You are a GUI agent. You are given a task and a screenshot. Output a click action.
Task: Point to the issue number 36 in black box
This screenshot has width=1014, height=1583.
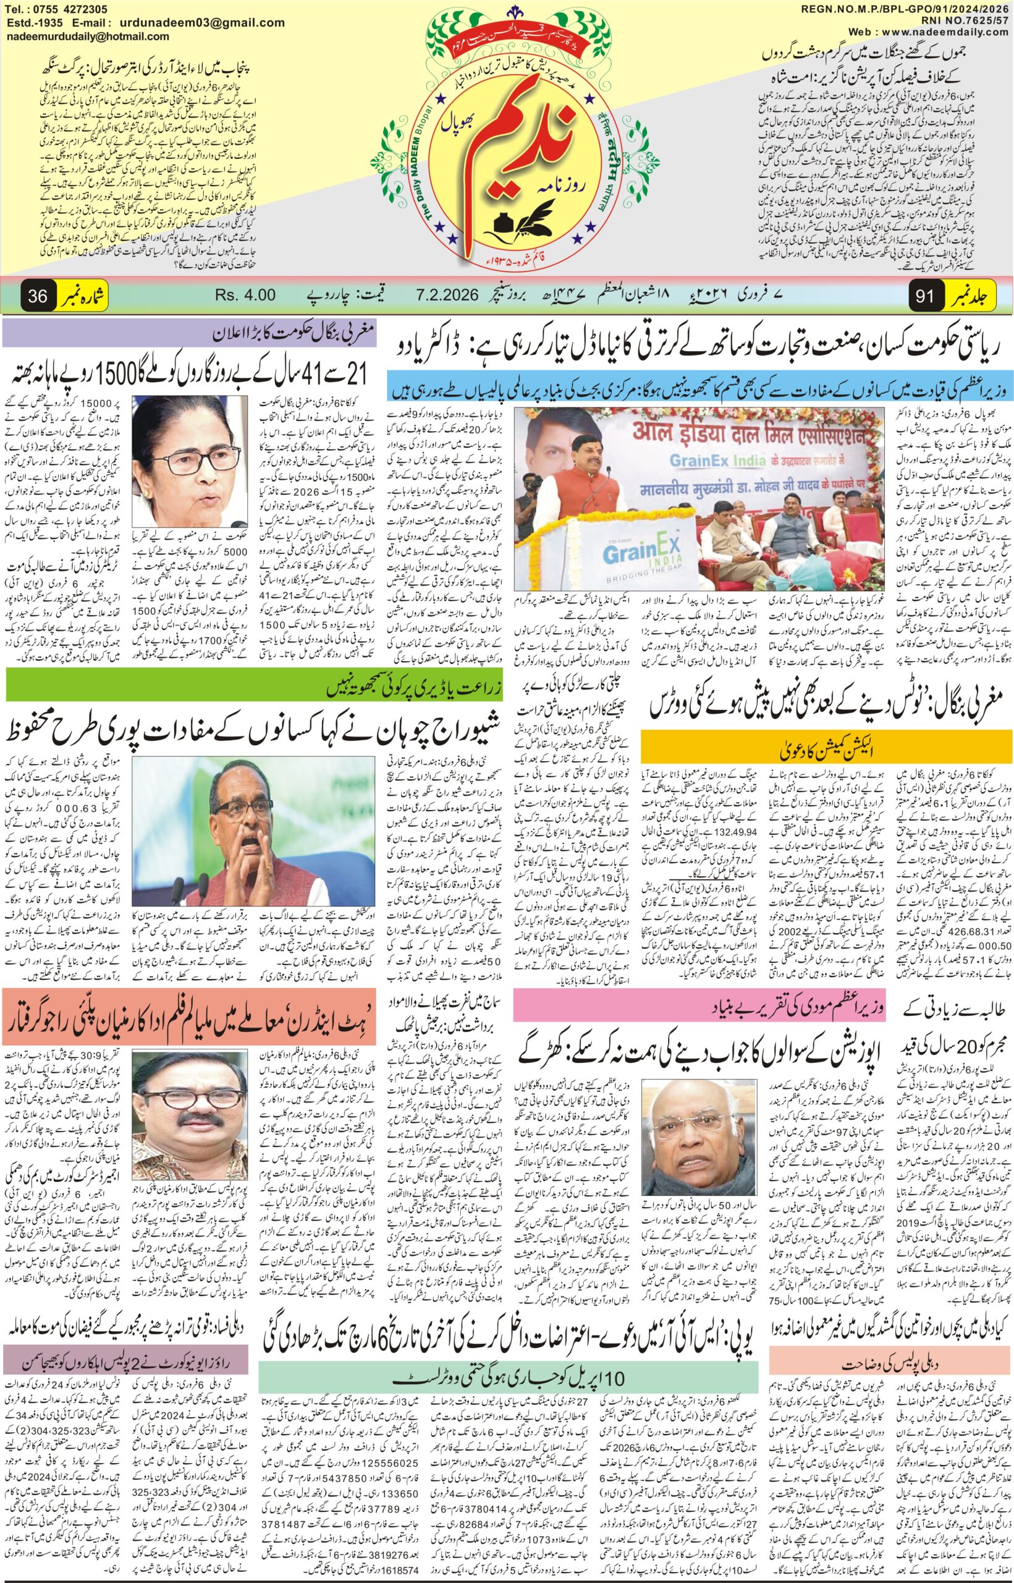[x=38, y=296]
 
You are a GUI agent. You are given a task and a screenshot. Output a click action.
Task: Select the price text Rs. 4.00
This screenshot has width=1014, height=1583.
[x=244, y=295]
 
